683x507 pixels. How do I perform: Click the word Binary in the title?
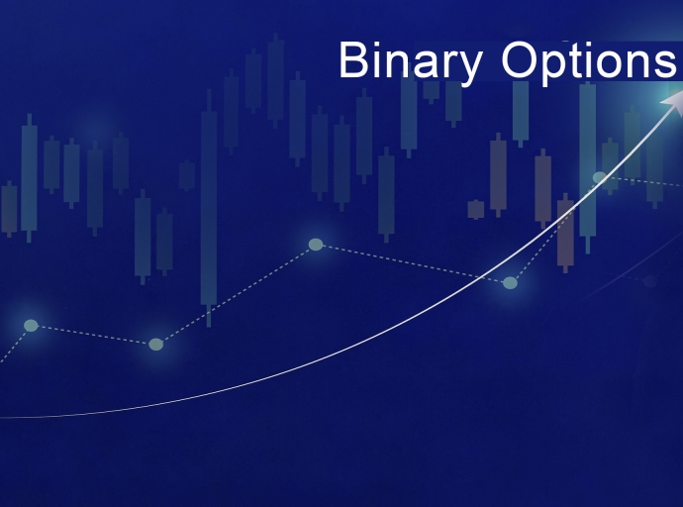click(411, 61)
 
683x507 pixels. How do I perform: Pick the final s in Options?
click(666, 64)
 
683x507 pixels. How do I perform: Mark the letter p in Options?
click(554, 67)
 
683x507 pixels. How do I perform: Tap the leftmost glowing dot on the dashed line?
click(31, 325)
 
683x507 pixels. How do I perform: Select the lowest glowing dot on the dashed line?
click(155, 344)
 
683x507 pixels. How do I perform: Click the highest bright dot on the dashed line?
click(599, 177)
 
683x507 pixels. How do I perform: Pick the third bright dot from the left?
click(316, 244)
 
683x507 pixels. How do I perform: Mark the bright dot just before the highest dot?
click(510, 282)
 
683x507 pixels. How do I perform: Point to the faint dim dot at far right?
click(649, 281)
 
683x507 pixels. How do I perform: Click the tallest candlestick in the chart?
click(209, 208)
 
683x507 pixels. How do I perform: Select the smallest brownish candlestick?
click(476, 209)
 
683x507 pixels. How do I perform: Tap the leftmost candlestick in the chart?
click(9, 208)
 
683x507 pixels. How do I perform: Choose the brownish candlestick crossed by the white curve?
click(565, 233)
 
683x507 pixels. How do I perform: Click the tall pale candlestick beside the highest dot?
click(587, 158)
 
